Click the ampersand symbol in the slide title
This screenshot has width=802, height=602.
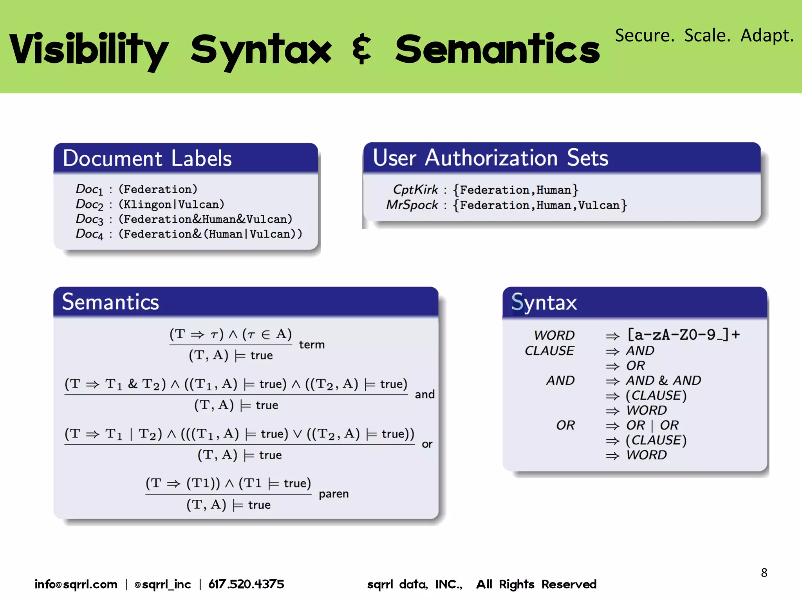[362, 49]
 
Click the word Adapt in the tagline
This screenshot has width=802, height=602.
[766, 36]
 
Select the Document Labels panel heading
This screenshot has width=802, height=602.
[147, 158]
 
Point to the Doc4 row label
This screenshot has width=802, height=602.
[89, 234]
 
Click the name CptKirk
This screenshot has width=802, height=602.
[415, 190]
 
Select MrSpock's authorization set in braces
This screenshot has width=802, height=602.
[540, 205]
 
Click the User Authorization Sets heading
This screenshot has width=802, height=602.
[490, 158]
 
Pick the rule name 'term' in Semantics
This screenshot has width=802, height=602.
[312, 345]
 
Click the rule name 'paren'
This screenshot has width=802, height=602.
[333, 494]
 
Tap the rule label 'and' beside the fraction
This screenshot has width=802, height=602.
[424, 394]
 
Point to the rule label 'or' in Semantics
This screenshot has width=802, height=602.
[427, 444]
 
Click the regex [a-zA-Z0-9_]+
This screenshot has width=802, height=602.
[683, 335]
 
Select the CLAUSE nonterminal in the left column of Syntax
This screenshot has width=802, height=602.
[549, 350]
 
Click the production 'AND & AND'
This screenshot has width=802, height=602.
[663, 380]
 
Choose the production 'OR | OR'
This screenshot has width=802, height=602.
[652, 425]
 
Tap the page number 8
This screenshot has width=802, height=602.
[764, 573]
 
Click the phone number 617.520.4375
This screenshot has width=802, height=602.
[246, 584]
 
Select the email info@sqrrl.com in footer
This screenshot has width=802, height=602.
[76, 584]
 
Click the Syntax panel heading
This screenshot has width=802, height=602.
[544, 303]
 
